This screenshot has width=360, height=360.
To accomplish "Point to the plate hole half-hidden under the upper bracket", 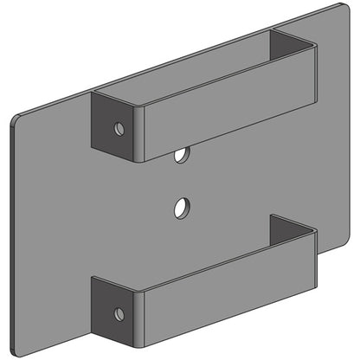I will tap(181, 157).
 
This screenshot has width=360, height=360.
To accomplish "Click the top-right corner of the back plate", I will tap(336, 7).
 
